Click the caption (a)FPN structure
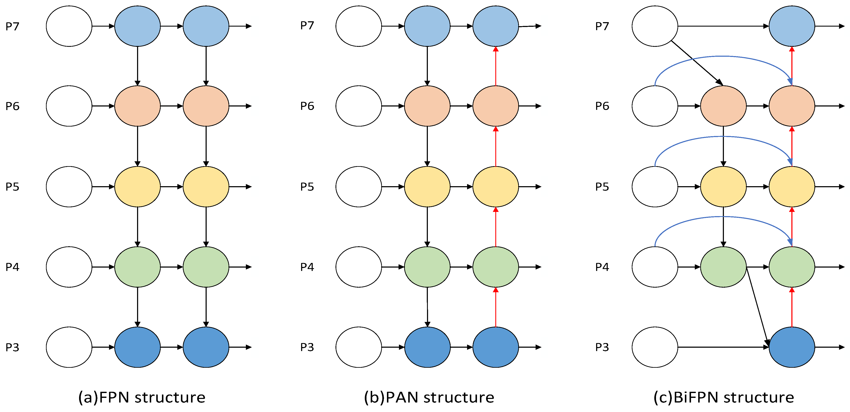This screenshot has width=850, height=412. (x=142, y=397)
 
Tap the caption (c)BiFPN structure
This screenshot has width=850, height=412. (x=724, y=397)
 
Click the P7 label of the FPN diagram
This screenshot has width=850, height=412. (x=12, y=26)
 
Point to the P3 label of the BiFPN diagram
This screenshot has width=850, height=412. (x=602, y=347)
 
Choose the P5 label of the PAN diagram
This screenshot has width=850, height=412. (x=307, y=187)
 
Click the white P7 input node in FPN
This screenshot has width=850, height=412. (x=69, y=26)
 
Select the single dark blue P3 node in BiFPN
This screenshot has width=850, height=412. (x=792, y=347)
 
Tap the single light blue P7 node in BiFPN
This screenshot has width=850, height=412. (x=792, y=26)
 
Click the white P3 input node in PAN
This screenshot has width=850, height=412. (x=359, y=347)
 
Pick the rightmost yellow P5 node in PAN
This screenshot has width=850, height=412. (x=496, y=187)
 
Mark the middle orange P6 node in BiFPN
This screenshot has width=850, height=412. (x=723, y=106)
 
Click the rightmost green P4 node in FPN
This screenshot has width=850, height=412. (x=206, y=267)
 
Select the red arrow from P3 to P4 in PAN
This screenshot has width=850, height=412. (x=496, y=307)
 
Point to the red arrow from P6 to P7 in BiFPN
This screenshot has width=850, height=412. (x=792, y=66)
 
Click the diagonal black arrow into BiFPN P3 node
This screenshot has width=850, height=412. (x=758, y=307)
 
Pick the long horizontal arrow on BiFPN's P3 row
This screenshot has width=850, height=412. (x=723, y=347)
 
